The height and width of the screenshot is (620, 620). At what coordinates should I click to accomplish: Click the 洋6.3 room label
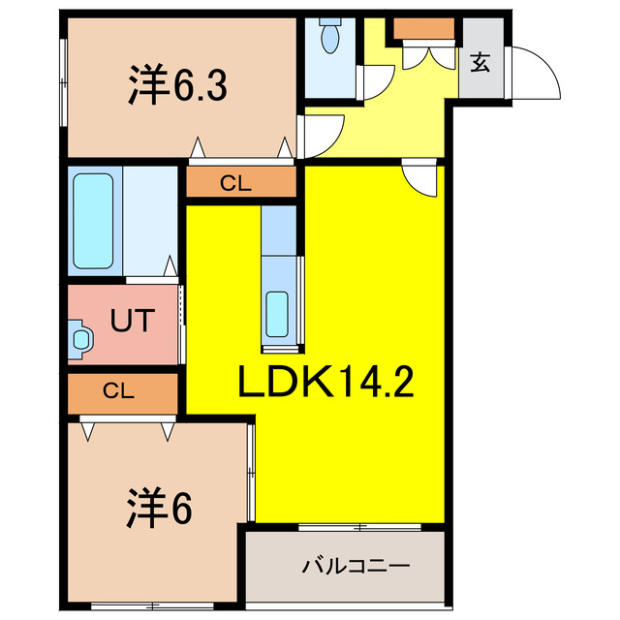pyautogui.click(x=176, y=85)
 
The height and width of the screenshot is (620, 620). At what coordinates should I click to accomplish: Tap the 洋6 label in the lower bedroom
pyautogui.click(x=159, y=507)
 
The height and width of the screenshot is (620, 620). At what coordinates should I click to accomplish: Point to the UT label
pyautogui.click(x=130, y=321)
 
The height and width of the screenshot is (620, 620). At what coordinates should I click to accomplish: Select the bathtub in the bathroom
pyautogui.click(x=94, y=224)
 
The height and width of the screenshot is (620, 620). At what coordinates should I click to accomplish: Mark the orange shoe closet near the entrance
pyautogui.click(x=423, y=29)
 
